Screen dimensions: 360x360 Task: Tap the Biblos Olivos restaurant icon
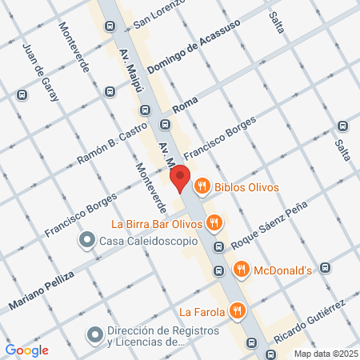[x=202, y=187]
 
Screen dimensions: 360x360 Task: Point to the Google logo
[x=26, y=350]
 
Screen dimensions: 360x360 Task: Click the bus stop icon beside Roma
[x=165, y=124]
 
